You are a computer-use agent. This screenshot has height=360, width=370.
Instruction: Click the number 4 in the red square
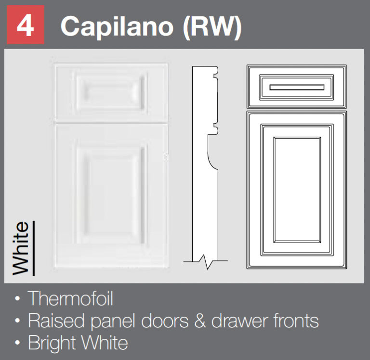25,26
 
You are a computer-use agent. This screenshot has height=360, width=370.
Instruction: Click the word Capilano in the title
117,26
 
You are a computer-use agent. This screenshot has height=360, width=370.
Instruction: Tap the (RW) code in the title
212,27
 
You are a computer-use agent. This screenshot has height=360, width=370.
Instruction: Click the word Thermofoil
70,299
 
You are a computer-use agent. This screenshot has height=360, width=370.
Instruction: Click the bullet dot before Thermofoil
17,300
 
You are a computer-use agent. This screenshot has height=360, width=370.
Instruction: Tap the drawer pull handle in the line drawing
297,87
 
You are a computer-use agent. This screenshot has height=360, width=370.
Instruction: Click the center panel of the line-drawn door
297,189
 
